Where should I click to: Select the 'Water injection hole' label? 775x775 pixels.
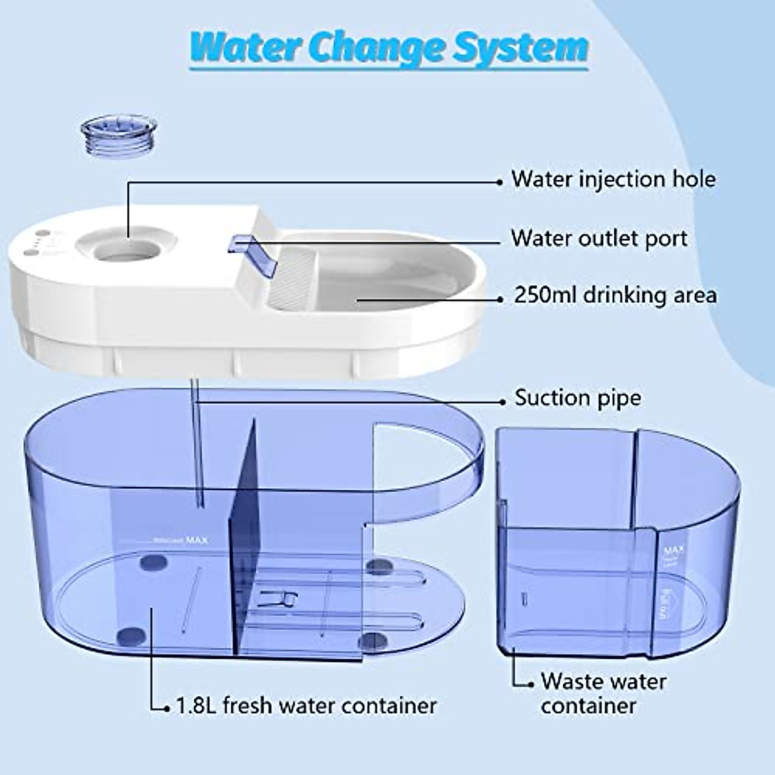(614, 179)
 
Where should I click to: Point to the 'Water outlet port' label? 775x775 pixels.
(599, 238)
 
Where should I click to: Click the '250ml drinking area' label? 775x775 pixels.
(615, 295)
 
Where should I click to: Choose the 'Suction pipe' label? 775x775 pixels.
(577, 398)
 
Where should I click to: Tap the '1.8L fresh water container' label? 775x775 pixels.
(306, 705)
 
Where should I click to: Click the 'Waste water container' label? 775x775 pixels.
(603, 693)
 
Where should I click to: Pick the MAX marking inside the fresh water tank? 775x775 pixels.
(196, 541)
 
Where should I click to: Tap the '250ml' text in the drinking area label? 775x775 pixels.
(546, 295)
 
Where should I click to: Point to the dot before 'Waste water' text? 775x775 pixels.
(531, 683)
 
